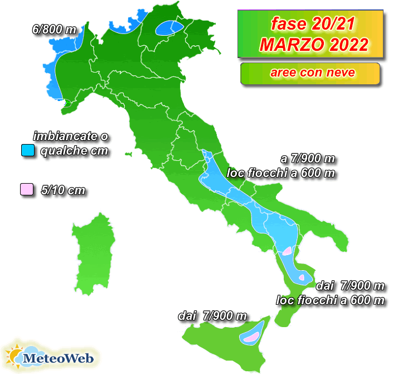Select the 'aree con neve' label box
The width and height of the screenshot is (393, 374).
coord(310,73)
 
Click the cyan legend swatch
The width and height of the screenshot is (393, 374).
coord(27,150)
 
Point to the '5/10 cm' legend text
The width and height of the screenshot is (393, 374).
coord(64,190)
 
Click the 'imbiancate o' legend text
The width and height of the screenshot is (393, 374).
coord(70,136)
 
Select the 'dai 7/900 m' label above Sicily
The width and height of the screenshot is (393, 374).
coord(212,316)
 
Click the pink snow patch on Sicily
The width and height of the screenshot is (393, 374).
coord(250,337)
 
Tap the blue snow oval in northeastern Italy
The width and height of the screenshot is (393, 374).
coord(169,28)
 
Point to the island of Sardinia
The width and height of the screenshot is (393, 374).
coord(95,251)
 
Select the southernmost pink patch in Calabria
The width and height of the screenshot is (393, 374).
coord(302,277)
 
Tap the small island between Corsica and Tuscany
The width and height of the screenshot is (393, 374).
coord(129,152)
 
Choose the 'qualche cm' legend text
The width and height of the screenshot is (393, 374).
coord(74,151)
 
